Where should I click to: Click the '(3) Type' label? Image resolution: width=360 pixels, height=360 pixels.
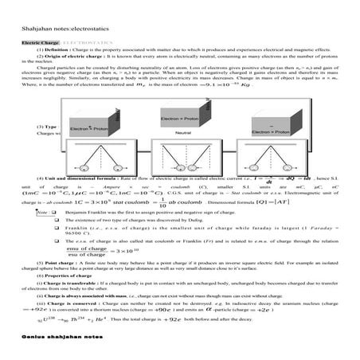tap(48, 127)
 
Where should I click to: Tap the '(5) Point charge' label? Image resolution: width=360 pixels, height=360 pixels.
tap(55, 262)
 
